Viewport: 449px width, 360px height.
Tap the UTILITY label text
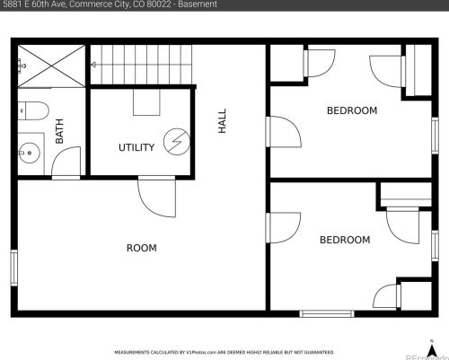coord(136,147)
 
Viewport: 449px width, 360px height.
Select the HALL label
coord(222,121)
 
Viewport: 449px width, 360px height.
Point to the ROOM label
coord(141,248)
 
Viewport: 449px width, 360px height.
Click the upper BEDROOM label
coord(351,110)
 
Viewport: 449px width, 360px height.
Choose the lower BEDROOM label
coord(345,240)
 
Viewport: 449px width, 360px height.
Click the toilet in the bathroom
coord(33,111)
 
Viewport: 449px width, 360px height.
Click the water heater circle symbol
coord(178,142)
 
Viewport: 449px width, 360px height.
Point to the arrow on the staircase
coord(92,65)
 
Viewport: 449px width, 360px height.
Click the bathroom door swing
coord(65,164)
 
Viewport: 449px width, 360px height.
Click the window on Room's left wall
coord(13,268)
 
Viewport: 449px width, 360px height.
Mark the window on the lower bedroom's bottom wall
coord(326,313)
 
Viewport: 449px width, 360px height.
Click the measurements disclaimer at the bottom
coord(224,352)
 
